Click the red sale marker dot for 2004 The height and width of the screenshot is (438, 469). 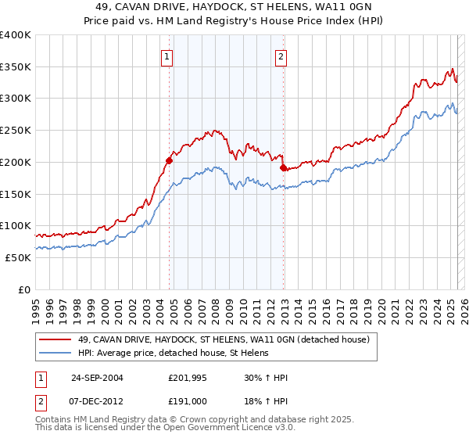tap(169, 161)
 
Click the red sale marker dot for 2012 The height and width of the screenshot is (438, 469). tap(283, 167)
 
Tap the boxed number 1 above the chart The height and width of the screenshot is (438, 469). tap(168, 56)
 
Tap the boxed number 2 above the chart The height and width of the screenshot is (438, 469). tap(281, 56)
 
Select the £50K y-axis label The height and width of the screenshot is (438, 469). tap(19, 257)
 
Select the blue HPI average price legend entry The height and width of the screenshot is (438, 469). tap(173, 353)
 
